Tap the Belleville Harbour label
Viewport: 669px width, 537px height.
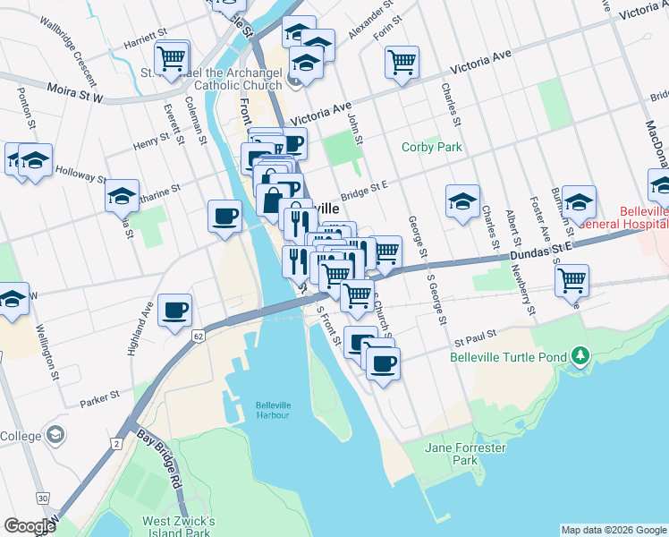[x=273, y=408]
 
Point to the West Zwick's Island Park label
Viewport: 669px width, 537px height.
[x=178, y=527]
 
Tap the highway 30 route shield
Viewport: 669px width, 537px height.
[x=42, y=498]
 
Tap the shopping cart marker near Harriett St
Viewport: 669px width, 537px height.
[x=172, y=58]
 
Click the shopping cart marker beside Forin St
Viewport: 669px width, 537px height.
[x=402, y=62]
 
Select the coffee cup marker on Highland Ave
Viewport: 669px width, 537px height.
[x=174, y=310]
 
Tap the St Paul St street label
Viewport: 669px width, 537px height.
[x=474, y=341]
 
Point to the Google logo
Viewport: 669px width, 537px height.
[x=30, y=526]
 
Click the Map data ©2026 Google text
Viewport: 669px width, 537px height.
[x=613, y=530]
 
